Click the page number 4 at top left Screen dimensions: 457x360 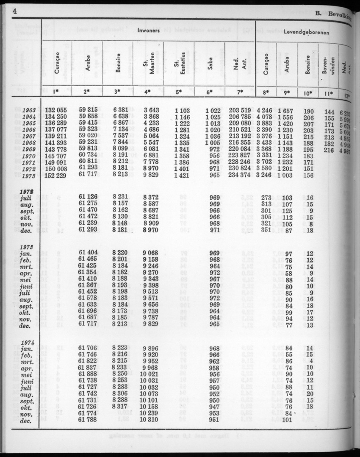(14, 11)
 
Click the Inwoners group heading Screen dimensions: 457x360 (148, 30)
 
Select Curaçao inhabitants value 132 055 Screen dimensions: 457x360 (56, 111)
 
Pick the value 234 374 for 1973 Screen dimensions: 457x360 (240, 176)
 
